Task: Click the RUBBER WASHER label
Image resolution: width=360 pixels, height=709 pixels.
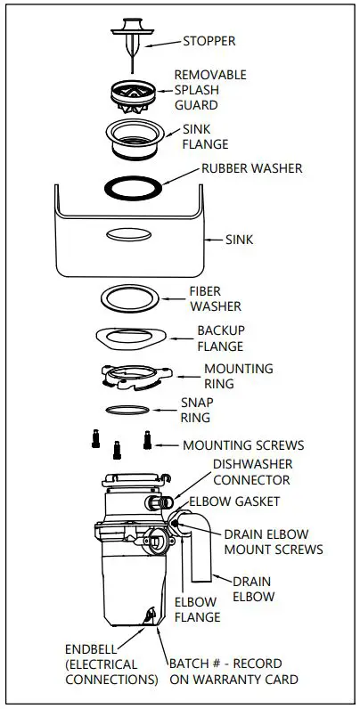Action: point(252,167)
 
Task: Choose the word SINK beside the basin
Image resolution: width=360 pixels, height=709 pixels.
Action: point(239,240)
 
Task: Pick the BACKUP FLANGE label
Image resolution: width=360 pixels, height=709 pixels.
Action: point(220,338)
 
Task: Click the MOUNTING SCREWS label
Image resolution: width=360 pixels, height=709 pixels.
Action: point(242,444)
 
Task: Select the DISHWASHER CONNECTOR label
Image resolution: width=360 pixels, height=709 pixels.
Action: point(252,472)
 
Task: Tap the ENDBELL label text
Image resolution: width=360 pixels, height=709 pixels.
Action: point(88,648)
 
